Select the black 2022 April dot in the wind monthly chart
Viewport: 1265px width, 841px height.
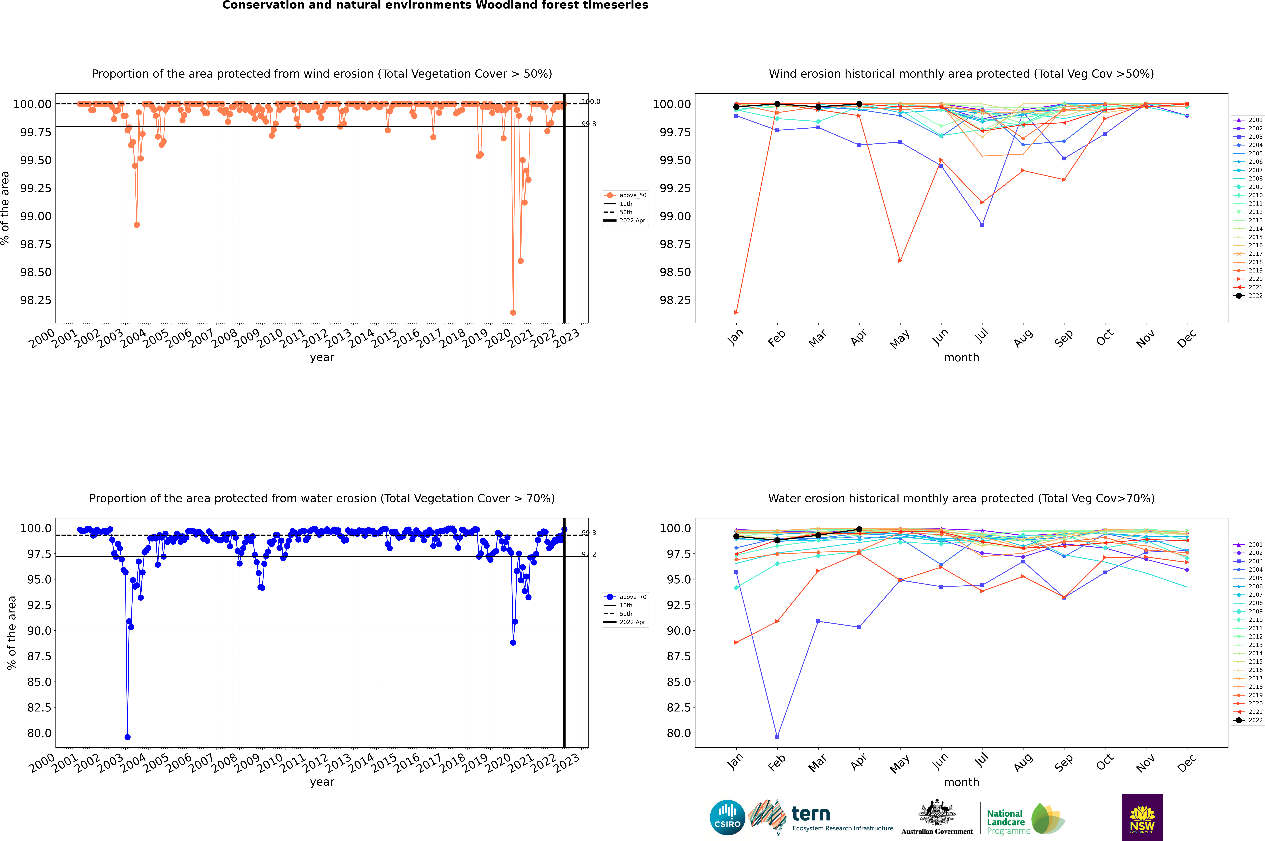click(859, 104)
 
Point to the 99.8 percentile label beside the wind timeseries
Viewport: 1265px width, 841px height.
click(589, 124)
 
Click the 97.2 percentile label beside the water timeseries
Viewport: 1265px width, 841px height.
click(589, 554)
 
